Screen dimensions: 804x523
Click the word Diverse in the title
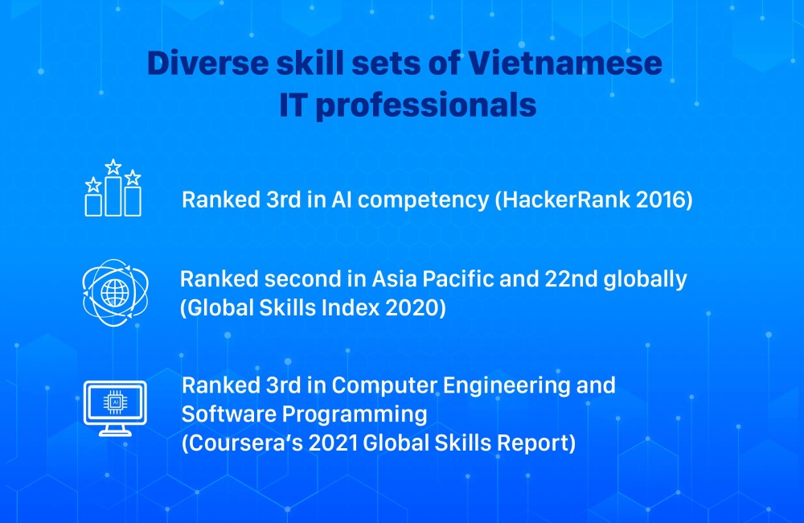pos(207,63)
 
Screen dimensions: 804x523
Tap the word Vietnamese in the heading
pos(565,63)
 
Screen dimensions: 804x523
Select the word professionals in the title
pos(425,106)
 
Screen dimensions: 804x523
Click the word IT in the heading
pos(293,105)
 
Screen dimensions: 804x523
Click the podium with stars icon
pos(113,187)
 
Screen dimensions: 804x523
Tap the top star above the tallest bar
pos(113,167)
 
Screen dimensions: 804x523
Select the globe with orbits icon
pos(115,293)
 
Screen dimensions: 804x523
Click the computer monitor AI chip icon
pos(115,408)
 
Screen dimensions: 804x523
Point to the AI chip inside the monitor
pos(115,403)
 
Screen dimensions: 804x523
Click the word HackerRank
pos(566,200)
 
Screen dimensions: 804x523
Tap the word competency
pos(424,200)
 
